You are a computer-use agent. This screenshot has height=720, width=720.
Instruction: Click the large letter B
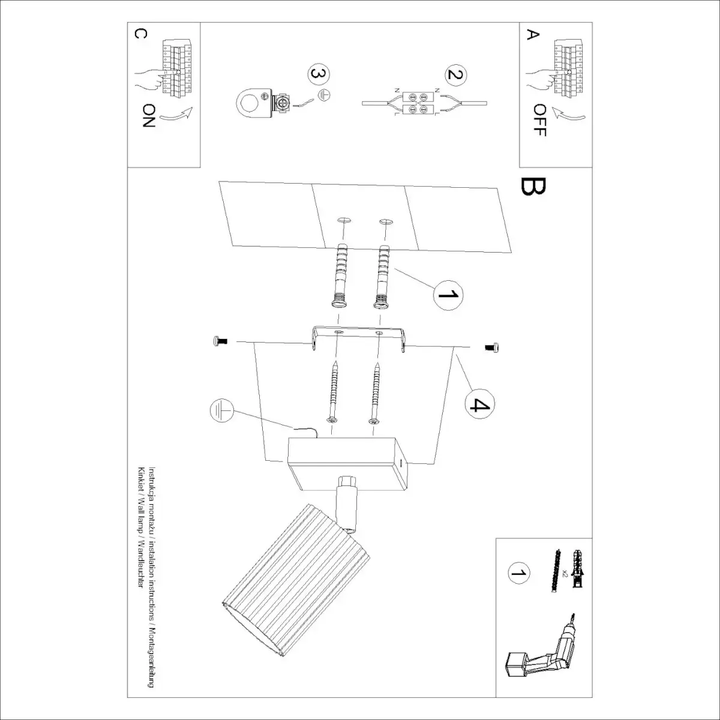coord(533,187)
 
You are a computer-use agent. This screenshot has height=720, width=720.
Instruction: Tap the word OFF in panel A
coord(539,120)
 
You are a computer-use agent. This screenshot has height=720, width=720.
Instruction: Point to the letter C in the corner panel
coord(139,34)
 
